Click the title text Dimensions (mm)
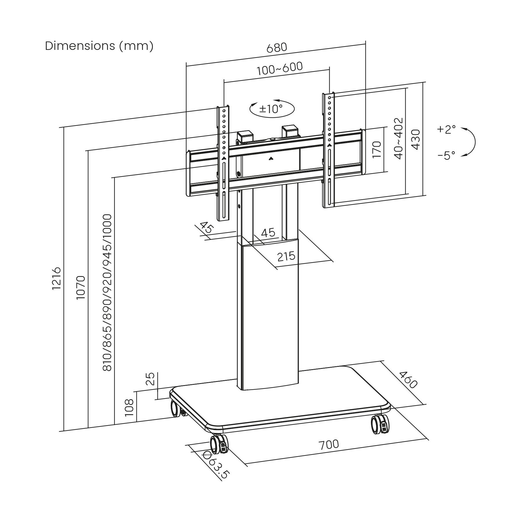point(99,46)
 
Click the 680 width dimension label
point(277,48)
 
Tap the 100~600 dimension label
point(280,68)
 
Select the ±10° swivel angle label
point(271,109)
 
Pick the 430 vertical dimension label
point(416,139)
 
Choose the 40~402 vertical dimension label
point(399,138)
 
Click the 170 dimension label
point(376,149)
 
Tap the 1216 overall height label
point(56,278)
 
